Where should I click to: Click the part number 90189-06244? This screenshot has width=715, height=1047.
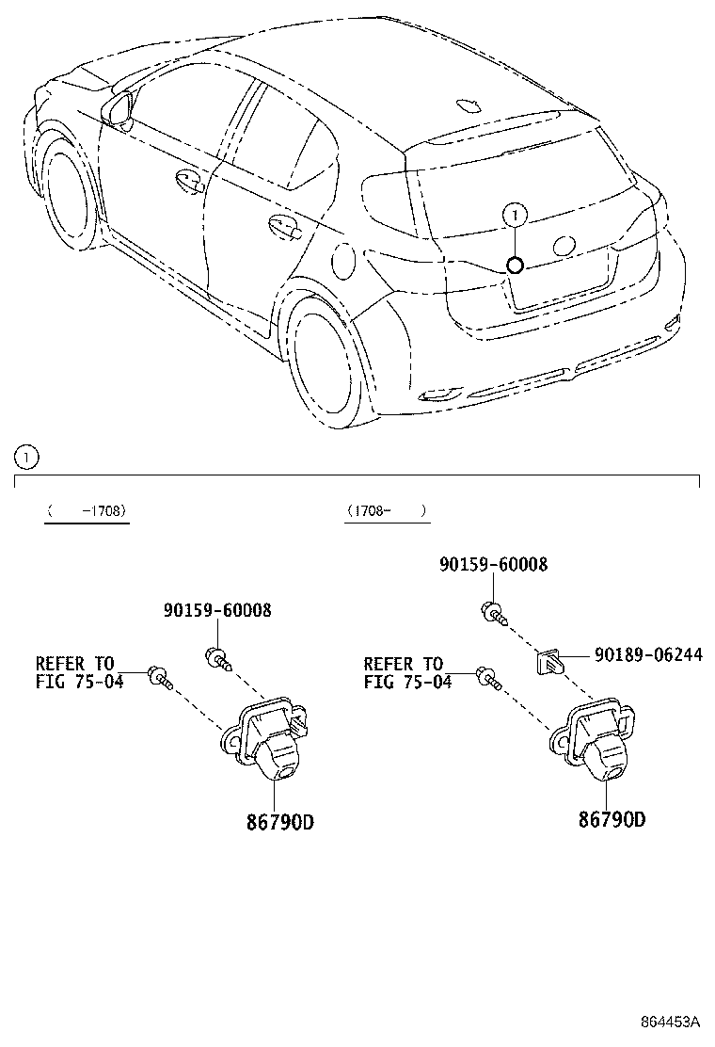coord(646,655)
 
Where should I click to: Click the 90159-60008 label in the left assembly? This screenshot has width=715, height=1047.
coord(217,610)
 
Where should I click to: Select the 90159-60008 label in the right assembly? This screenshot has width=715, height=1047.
coord(493,564)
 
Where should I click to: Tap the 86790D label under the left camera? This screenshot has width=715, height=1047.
coord(279,822)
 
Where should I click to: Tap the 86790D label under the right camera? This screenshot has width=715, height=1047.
coord(612,819)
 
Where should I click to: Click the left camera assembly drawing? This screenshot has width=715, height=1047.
coord(266,738)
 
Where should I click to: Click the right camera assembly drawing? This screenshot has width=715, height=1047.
coord(596,736)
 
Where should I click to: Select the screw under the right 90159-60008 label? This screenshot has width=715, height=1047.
coord(493,612)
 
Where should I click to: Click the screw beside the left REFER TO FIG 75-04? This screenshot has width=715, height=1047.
coord(159,675)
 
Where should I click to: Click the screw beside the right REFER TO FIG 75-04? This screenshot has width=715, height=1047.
coord(487,675)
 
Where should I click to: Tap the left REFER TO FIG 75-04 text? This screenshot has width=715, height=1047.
coord(79,673)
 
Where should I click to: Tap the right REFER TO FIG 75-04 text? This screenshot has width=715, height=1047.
coord(406,673)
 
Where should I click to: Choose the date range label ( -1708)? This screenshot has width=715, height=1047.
coord(87,510)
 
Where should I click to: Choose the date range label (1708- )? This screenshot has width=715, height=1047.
coord(386,510)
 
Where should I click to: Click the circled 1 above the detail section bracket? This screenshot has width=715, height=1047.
coord(26,459)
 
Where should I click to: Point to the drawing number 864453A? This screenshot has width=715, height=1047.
coord(671,1022)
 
